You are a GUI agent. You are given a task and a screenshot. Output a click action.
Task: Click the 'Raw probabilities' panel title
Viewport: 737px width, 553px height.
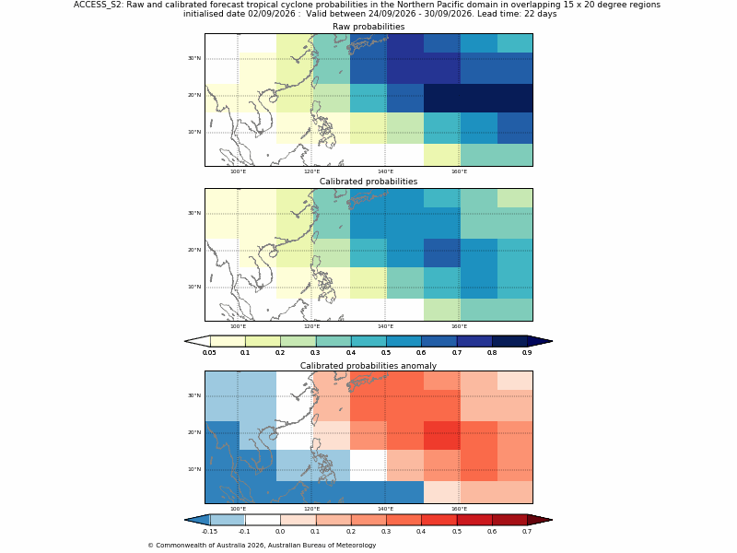(x=368, y=27)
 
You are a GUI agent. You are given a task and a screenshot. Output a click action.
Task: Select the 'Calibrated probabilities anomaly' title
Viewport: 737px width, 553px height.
(x=368, y=365)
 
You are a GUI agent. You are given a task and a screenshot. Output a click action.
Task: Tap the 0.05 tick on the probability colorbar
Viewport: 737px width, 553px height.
(x=209, y=353)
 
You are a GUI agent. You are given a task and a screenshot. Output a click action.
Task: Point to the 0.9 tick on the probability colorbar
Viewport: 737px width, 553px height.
(x=527, y=353)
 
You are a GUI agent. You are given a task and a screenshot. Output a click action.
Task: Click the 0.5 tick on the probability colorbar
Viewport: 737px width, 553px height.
(x=386, y=353)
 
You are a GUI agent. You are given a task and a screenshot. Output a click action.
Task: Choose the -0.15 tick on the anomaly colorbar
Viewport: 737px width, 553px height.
(x=209, y=532)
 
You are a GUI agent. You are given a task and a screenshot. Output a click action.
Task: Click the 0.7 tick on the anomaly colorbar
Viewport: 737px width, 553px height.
(x=527, y=532)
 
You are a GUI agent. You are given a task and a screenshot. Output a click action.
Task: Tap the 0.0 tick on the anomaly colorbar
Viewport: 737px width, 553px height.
(x=280, y=532)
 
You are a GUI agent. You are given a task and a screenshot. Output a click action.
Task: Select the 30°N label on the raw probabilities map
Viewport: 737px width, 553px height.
(x=194, y=58)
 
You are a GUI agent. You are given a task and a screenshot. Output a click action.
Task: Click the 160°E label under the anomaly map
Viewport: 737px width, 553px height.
(x=459, y=509)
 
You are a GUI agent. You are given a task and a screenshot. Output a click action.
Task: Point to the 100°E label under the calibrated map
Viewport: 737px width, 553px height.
(x=238, y=326)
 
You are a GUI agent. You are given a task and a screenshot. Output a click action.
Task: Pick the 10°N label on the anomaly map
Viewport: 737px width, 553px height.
(x=194, y=469)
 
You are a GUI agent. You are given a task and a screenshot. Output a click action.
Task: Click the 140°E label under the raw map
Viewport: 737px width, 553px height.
(x=385, y=171)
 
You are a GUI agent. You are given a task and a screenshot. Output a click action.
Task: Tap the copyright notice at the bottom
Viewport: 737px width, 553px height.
(x=262, y=546)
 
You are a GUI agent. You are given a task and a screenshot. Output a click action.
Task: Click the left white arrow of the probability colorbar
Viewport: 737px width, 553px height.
(x=197, y=341)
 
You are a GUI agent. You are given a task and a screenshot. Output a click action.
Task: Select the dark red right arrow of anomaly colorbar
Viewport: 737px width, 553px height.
(x=540, y=520)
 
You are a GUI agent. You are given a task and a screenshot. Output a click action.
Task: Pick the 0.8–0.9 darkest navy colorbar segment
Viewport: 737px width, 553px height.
(x=509, y=341)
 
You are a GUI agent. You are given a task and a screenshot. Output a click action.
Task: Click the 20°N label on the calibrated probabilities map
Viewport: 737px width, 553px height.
(x=194, y=250)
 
